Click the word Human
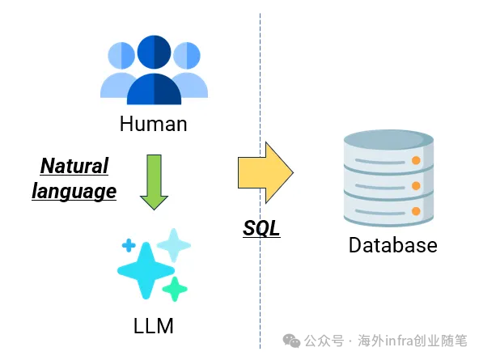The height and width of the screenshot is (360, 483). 154,124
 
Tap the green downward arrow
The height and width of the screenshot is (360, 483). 154,182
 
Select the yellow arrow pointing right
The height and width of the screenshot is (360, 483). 265,172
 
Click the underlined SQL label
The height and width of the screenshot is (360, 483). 261,228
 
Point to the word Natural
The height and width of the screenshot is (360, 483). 74,166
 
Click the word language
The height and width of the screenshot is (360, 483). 74,192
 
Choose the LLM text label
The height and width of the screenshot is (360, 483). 154,326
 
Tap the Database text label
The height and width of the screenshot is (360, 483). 392,245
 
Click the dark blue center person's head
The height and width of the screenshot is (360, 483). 154,52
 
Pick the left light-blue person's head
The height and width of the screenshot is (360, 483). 121,56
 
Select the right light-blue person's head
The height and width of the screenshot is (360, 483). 187,56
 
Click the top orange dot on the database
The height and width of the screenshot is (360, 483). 416,160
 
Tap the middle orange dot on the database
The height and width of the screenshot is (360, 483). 416,186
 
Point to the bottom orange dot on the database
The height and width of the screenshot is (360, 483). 416,211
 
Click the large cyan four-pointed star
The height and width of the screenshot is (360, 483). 146,271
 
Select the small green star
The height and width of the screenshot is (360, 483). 175,289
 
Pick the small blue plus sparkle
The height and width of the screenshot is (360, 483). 129,245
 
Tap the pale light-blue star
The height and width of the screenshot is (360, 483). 174,245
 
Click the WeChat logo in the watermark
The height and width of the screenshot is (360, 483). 291,341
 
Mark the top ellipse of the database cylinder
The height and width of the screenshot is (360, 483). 388,140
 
